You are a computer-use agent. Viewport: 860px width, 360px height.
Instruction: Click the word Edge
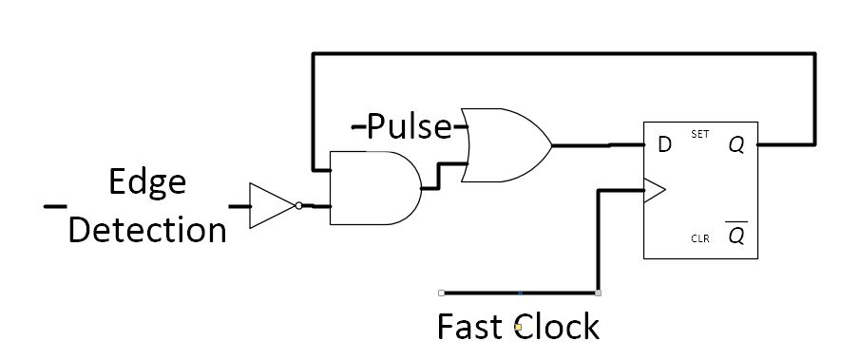click(x=146, y=182)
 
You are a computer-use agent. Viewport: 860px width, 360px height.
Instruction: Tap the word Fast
click(x=470, y=327)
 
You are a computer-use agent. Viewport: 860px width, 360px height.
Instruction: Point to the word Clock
click(x=557, y=327)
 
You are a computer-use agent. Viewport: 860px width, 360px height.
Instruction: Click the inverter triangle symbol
click(x=270, y=205)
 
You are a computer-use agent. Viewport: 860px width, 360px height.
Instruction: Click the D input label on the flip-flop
click(x=664, y=145)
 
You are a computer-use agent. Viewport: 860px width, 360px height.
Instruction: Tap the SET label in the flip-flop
click(x=700, y=135)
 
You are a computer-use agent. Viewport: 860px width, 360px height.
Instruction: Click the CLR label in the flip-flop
click(x=700, y=238)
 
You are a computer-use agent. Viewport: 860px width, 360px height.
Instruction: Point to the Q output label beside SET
click(x=736, y=145)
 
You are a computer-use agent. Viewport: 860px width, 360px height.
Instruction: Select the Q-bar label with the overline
click(x=736, y=236)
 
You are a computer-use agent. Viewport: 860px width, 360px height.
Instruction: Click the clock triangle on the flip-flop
click(x=655, y=191)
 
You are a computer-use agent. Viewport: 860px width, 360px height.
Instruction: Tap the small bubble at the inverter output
click(x=298, y=205)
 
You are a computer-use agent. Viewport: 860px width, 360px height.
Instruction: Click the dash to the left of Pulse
click(x=359, y=126)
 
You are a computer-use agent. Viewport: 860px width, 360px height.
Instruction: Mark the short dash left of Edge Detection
click(x=54, y=205)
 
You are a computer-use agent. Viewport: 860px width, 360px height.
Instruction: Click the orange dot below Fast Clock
click(x=518, y=327)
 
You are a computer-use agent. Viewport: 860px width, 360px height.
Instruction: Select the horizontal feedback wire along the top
click(x=561, y=54)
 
